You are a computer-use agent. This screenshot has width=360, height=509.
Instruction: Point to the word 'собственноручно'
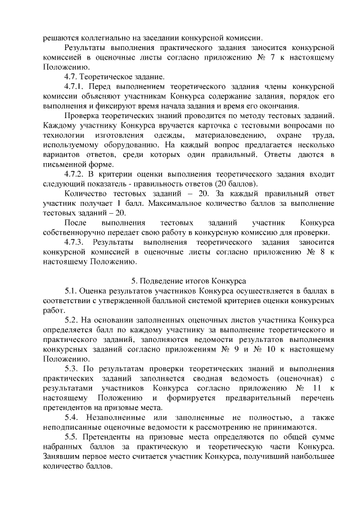click(x=73, y=232)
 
